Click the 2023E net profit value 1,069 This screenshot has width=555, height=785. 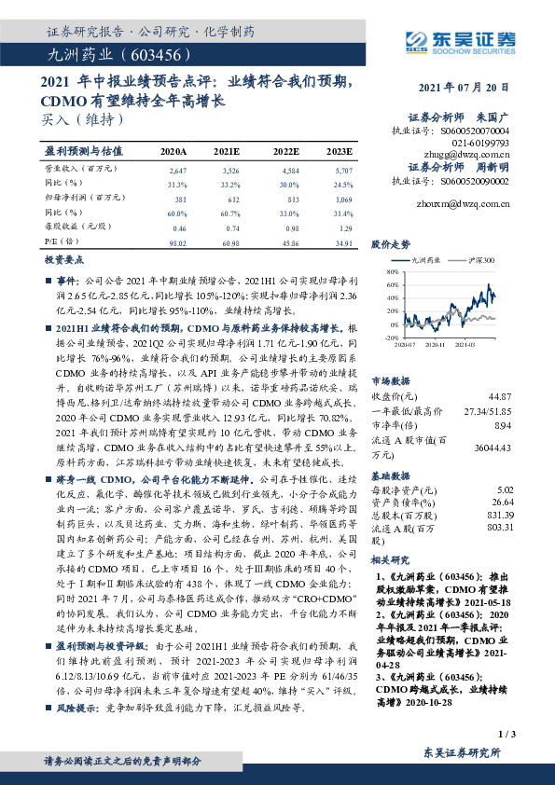click(343, 200)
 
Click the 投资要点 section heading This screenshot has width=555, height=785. click(65, 262)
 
